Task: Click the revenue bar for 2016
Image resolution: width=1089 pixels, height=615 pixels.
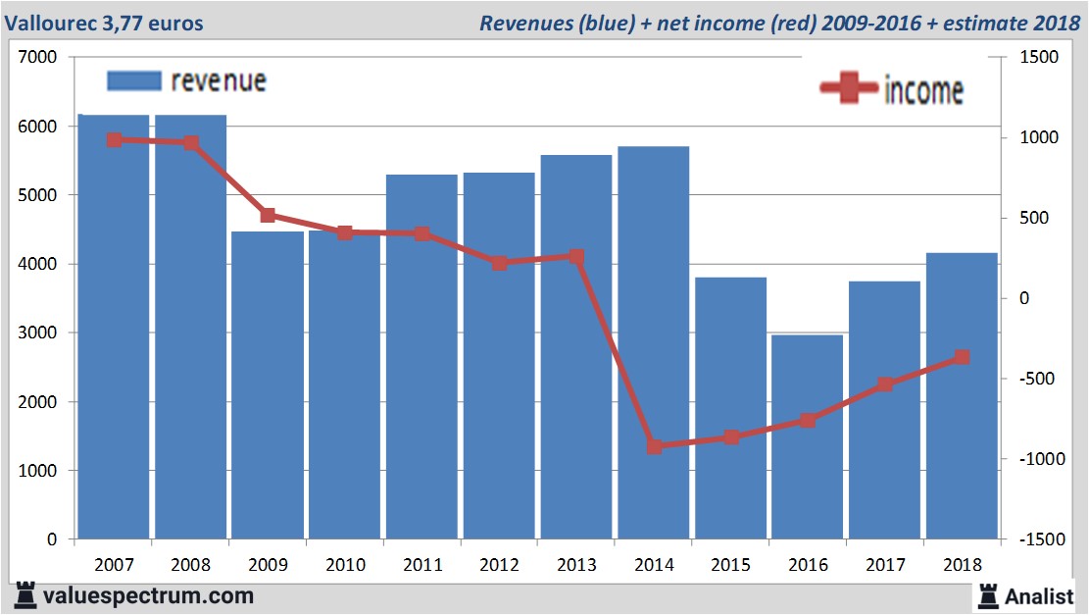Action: (x=808, y=437)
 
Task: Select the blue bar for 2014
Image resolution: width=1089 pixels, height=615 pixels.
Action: (x=653, y=342)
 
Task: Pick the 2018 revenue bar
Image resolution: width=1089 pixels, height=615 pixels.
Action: (x=962, y=396)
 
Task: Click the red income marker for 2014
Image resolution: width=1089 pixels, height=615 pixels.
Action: (x=655, y=446)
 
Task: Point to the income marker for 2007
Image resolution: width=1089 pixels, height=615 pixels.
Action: (x=115, y=140)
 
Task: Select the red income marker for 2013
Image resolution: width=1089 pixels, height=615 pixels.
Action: (x=576, y=257)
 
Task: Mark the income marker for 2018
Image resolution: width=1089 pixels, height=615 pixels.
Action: (x=962, y=357)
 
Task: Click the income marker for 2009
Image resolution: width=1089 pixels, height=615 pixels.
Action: (x=268, y=215)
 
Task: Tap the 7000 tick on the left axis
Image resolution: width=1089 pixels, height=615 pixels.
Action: (x=40, y=58)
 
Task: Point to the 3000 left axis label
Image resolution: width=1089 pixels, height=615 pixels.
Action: (x=40, y=333)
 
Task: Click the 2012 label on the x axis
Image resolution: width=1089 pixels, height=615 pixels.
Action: (x=499, y=566)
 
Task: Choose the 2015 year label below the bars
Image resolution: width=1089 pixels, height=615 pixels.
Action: (x=730, y=566)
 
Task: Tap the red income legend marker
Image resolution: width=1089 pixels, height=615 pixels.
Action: (x=849, y=88)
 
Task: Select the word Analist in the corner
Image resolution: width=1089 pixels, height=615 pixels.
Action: (x=1042, y=594)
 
